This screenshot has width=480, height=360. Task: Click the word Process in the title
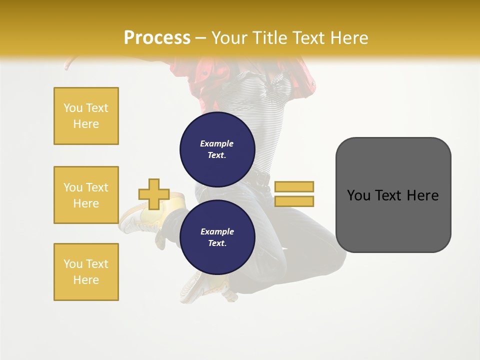click(x=157, y=37)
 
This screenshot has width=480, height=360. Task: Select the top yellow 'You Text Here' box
click(x=86, y=116)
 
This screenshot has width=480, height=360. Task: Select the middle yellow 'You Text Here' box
click(x=86, y=195)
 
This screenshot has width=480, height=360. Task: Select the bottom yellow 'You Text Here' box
click(x=86, y=272)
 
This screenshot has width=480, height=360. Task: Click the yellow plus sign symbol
click(x=154, y=194)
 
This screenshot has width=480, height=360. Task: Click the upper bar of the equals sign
click(x=294, y=186)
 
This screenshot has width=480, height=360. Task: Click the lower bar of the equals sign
click(x=294, y=201)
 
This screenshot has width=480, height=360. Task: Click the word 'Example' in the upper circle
click(x=216, y=143)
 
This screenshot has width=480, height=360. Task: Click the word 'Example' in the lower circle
click(x=217, y=231)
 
